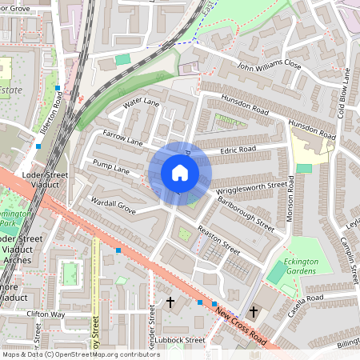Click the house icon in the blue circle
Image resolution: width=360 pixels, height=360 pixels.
pos(180,173)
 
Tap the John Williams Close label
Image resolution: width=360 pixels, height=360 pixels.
pos(268,65)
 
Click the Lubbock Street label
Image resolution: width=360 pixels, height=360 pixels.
pos(181,339)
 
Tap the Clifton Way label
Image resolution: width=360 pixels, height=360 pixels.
pos(45,314)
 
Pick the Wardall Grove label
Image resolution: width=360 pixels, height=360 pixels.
pos(113,206)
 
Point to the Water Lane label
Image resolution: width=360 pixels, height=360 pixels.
pos(141,104)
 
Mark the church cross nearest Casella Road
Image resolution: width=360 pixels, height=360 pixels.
pos(254,311)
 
